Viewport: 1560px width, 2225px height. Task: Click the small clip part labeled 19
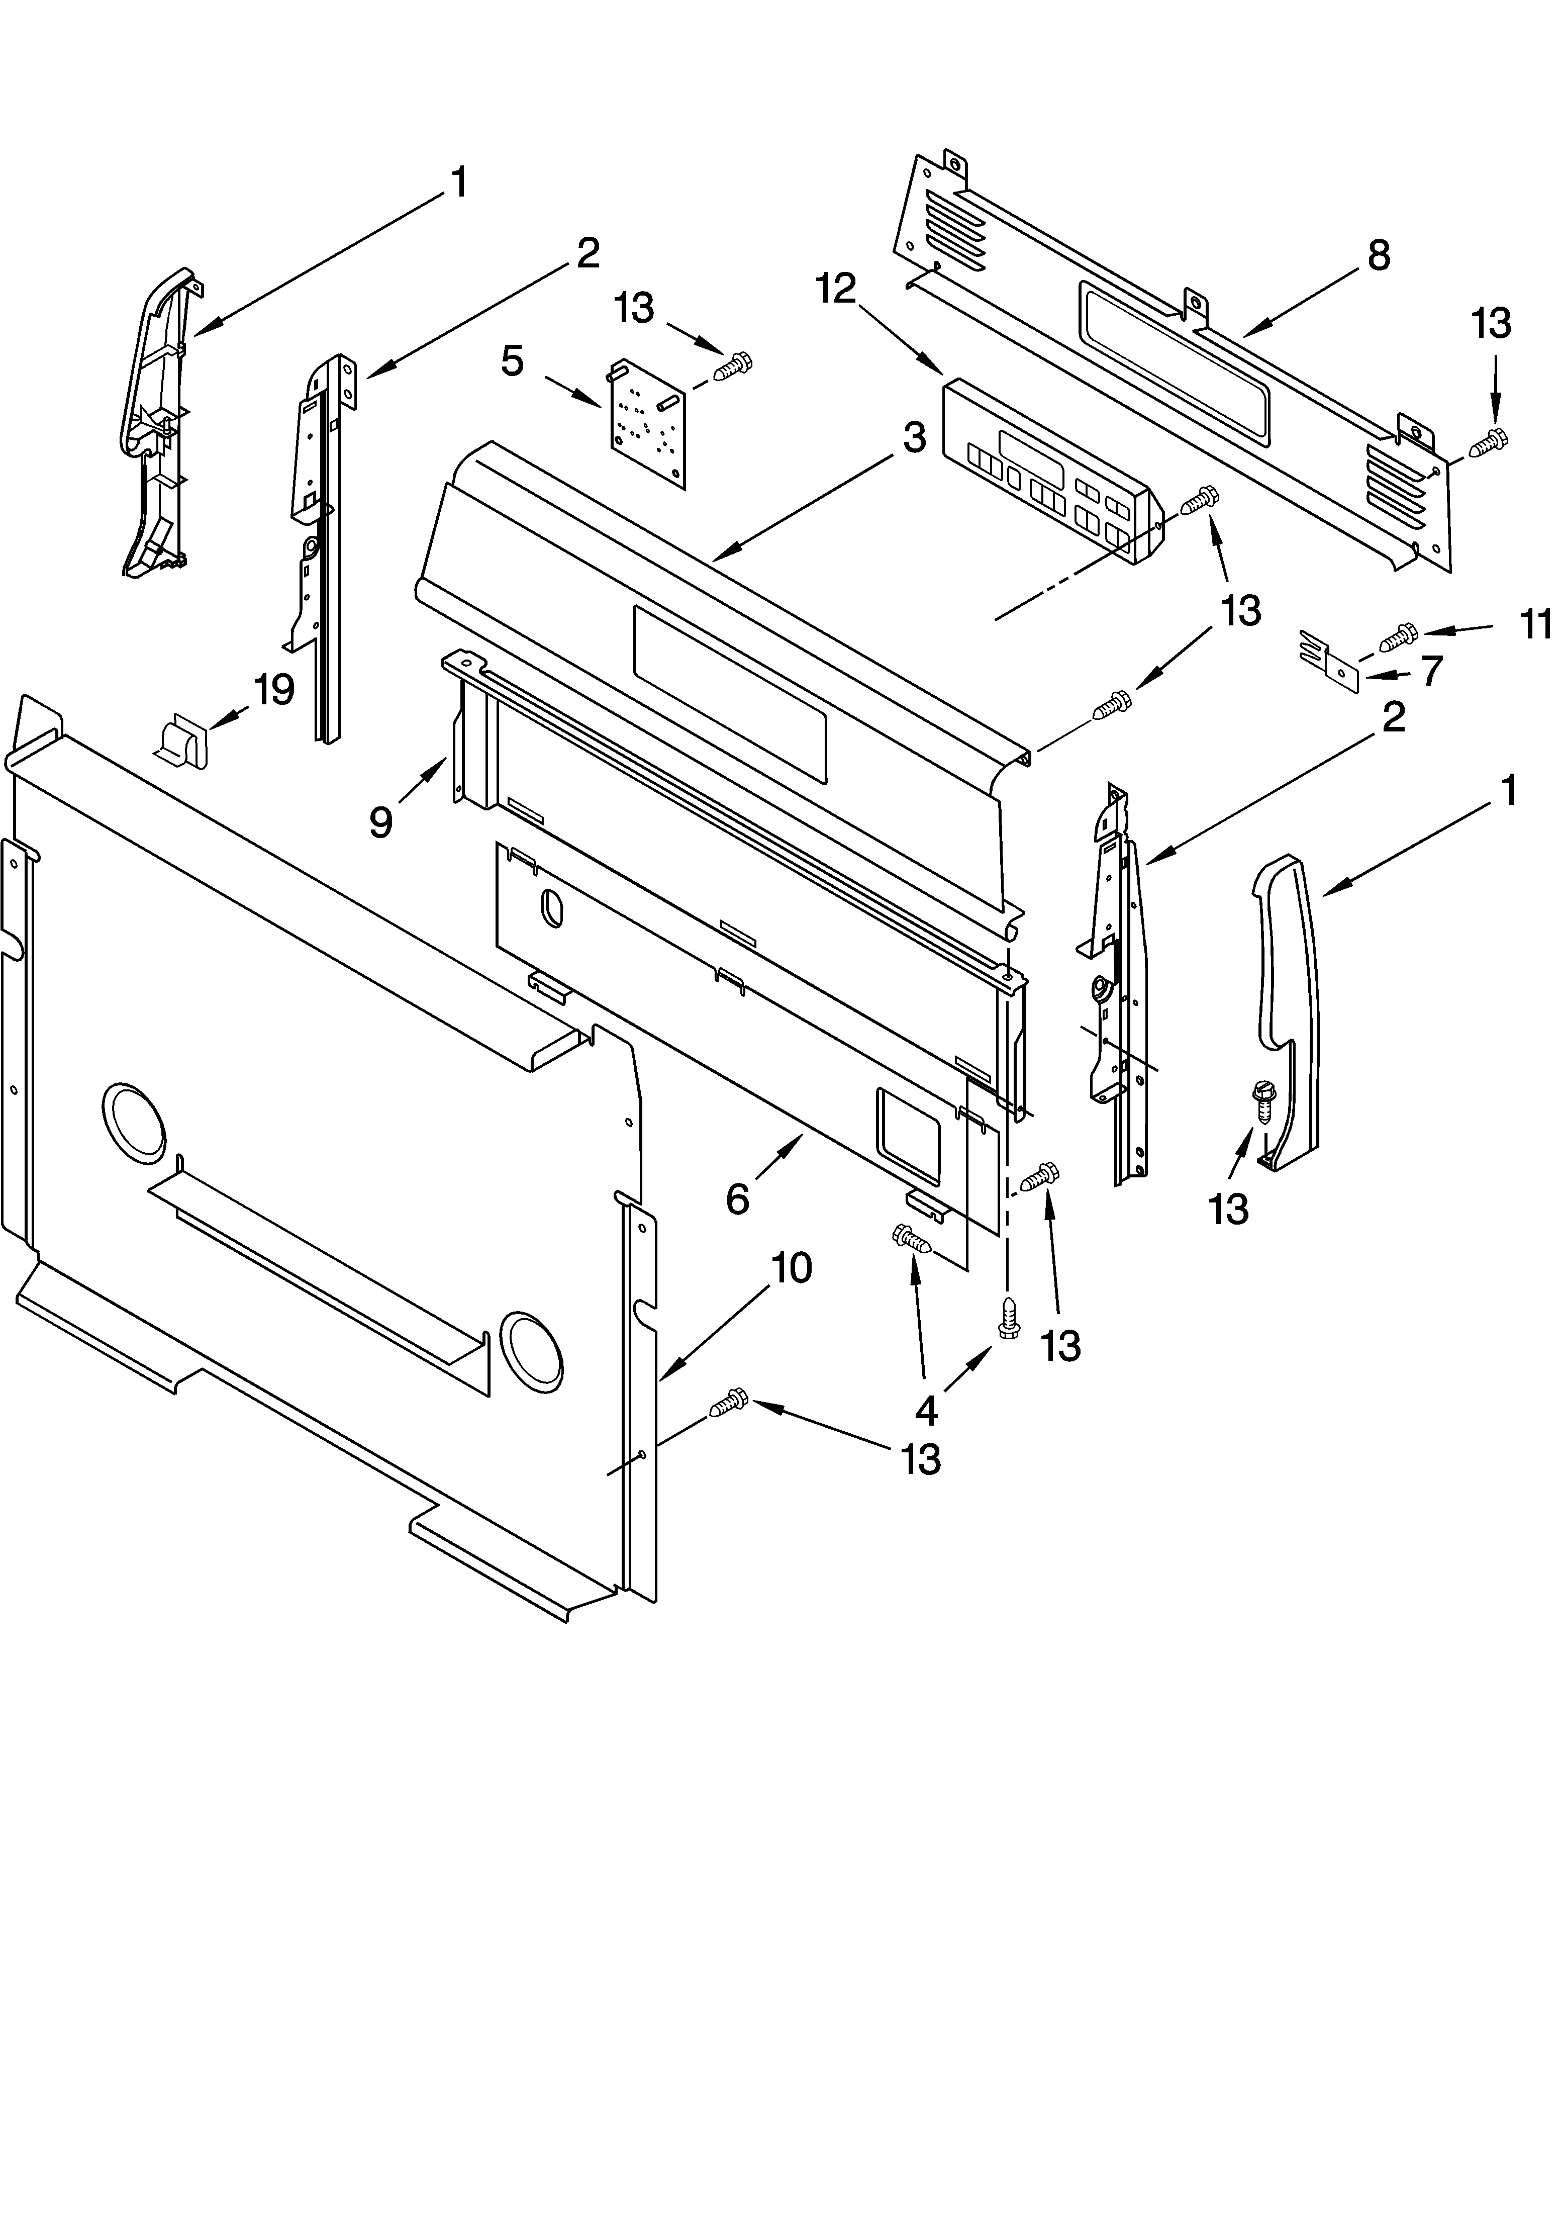[x=183, y=740]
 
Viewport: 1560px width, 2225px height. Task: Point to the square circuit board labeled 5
[x=647, y=423]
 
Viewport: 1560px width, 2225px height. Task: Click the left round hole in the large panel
[x=133, y=1122]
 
